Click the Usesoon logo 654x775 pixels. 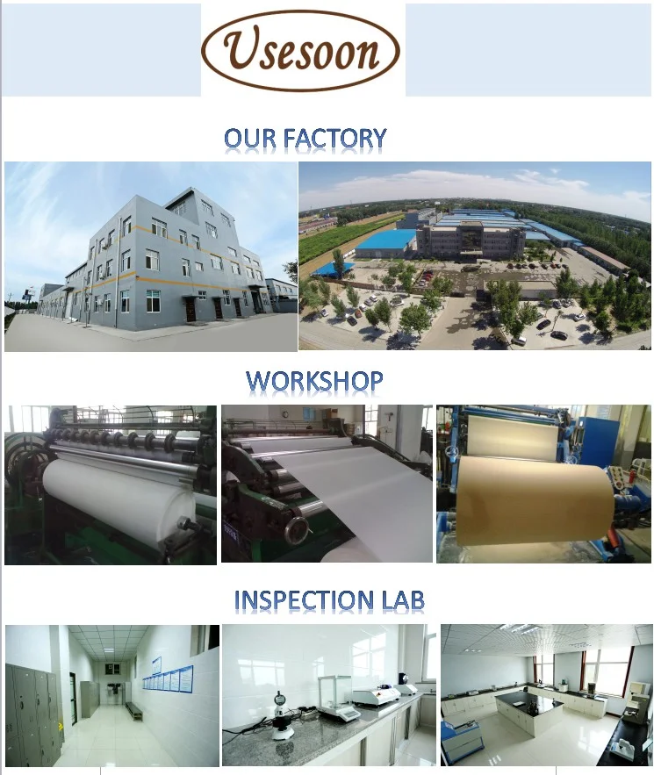point(300,50)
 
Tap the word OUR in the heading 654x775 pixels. point(249,138)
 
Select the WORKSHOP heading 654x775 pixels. point(314,381)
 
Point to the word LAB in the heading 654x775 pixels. point(404,600)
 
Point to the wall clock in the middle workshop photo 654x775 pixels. point(284,414)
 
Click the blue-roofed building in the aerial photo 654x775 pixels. point(385,241)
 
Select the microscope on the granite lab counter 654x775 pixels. point(280,715)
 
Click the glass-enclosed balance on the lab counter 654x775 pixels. point(338,697)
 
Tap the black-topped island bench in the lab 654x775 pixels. point(529,707)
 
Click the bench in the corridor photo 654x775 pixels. point(133,709)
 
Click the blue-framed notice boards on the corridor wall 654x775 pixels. point(168,677)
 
